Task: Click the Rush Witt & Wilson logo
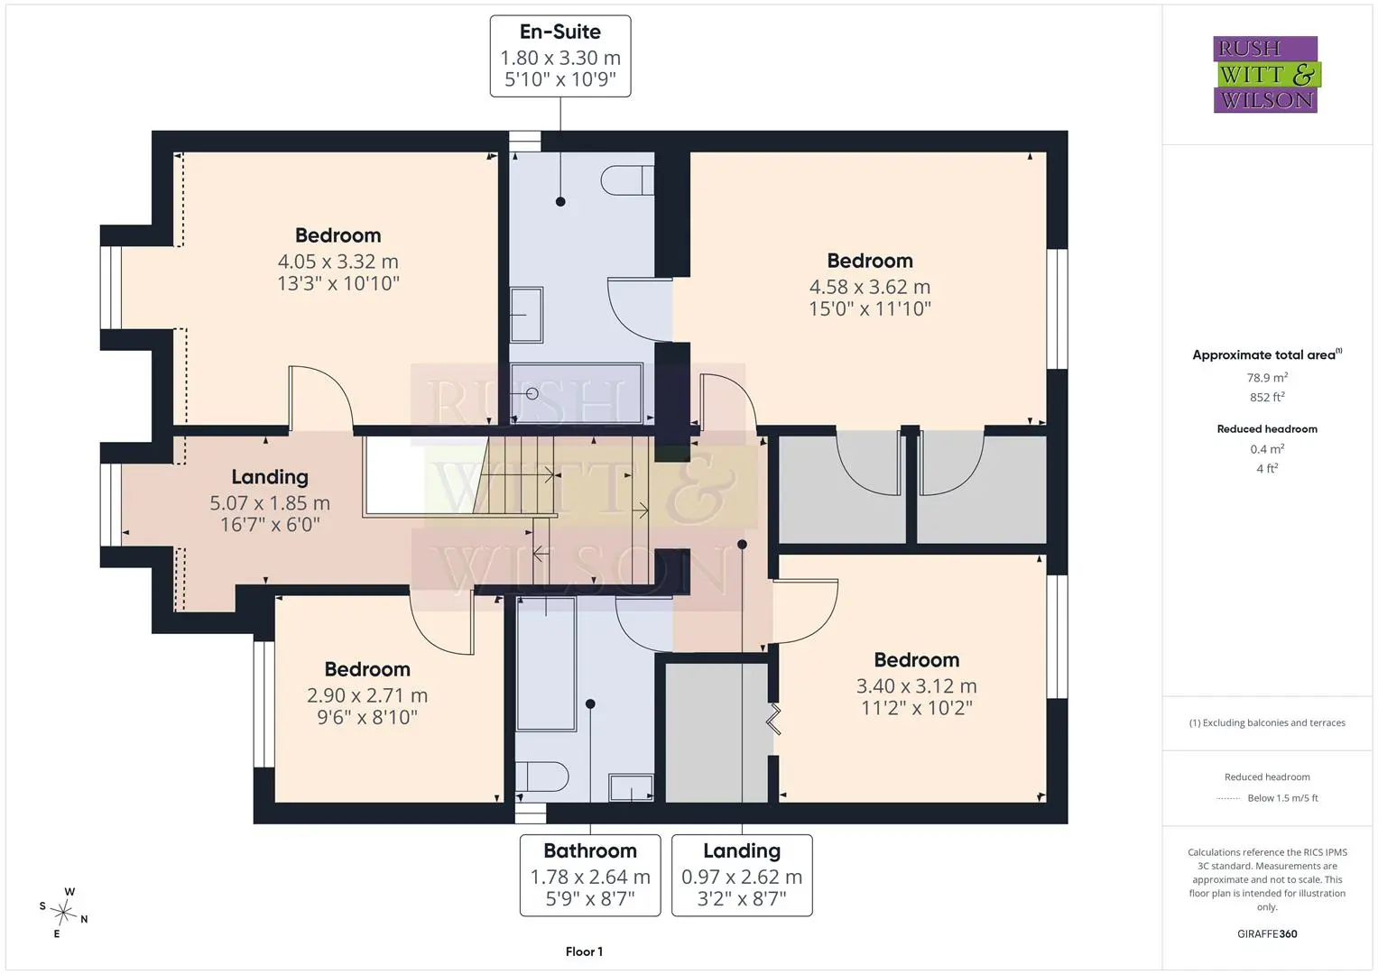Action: click(x=1266, y=74)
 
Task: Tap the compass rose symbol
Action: click(x=63, y=912)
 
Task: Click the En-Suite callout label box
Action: click(x=560, y=56)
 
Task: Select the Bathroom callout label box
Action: click(x=590, y=875)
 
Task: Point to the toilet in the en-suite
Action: click(x=627, y=180)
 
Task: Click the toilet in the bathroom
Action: click(x=542, y=776)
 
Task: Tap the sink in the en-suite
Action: click(x=527, y=314)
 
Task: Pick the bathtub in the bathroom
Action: click(x=546, y=663)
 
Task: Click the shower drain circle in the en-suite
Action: click(x=532, y=393)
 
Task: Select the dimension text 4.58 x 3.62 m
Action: click(x=869, y=287)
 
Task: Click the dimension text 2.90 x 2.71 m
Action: click(x=367, y=695)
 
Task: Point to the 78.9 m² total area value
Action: click(x=1267, y=378)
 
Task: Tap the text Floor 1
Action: click(x=584, y=951)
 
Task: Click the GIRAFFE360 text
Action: click(x=1267, y=933)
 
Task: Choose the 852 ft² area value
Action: click(x=1267, y=397)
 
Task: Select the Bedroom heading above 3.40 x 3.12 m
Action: click(x=917, y=660)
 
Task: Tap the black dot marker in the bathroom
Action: click(x=590, y=703)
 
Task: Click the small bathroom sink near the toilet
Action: click(x=631, y=787)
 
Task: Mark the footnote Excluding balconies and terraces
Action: click(x=1267, y=722)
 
